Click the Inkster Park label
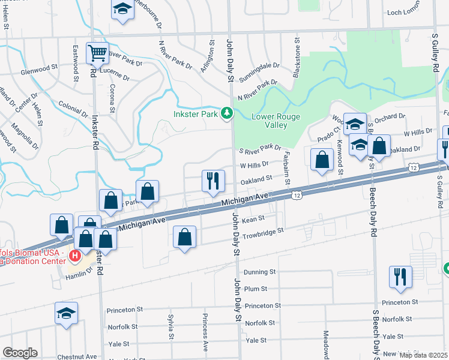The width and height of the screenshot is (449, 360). tap(195, 113)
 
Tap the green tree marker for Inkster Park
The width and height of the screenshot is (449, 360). tap(227, 113)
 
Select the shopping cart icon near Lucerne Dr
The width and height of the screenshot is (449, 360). tap(97, 53)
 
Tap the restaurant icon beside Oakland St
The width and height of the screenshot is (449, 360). tap(213, 181)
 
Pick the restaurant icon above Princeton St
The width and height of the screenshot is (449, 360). tap(400, 277)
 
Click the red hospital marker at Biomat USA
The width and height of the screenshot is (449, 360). tap(75, 256)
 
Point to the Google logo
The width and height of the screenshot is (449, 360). tap(20, 353)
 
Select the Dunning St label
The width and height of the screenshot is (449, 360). tap(260, 272)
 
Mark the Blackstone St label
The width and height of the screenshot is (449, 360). tap(297, 57)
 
